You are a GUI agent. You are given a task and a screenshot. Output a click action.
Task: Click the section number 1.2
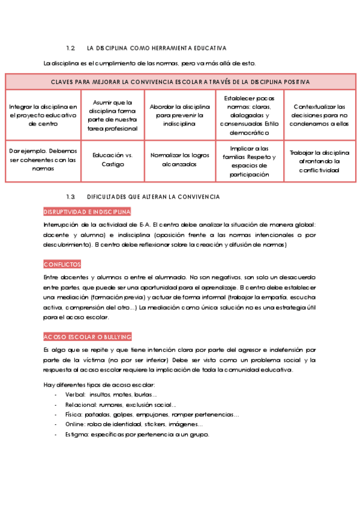pyautogui.click(x=70, y=47)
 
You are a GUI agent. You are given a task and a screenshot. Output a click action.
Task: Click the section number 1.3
pyautogui.click(x=70, y=197)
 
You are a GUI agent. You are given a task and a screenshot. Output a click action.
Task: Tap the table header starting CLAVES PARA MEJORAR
pyautogui.click(x=180, y=82)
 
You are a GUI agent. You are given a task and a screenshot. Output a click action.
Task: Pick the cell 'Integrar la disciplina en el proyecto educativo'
pyautogui.click(x=43, y=115)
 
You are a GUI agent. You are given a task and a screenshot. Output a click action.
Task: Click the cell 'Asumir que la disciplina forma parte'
pyautogui.click(x=113, y=115)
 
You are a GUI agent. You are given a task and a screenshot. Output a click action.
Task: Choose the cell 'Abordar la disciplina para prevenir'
pyautogui.click(x=180, y=115)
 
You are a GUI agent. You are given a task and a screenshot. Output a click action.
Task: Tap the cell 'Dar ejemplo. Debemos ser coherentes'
pyautogui.click(x=43, y=160)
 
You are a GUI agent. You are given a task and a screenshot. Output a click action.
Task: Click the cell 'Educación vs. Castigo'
pyautogui.click(x=113, y=159)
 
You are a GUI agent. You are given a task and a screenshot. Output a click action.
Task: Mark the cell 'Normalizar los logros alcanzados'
pyautogui.click(x=180, y=159)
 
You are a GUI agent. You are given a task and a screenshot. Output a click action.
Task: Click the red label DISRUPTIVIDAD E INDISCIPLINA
pyautogui.click(x=88, y=212)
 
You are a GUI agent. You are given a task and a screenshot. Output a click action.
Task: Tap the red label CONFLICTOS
pyautogui.click(x=62, y=264)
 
